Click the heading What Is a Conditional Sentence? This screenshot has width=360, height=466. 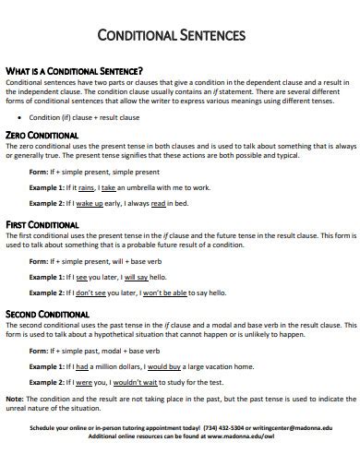tap(74, 70)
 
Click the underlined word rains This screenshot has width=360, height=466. tap(88, 185)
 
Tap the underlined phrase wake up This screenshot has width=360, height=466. tap(90, 203)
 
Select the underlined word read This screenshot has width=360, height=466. tap(158, 203)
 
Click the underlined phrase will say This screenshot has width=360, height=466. tap(135, 275)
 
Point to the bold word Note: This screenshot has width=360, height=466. tap(15, 400)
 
